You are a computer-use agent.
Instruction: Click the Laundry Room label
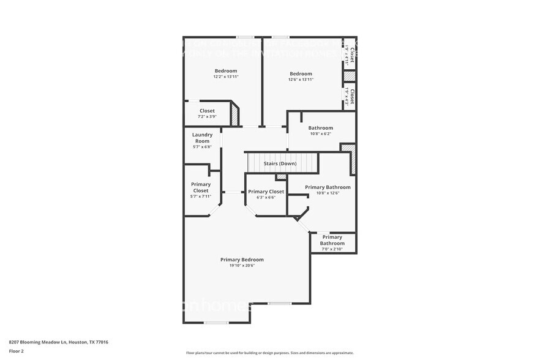pos(202,138)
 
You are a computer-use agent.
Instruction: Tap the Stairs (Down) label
pos(280,164)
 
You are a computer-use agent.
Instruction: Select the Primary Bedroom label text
pos(242,260)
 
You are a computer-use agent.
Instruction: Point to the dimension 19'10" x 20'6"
pos(242,266)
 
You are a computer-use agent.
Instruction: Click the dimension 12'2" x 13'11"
pos(225,78)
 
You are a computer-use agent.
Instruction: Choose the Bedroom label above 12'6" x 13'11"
pos(301,73)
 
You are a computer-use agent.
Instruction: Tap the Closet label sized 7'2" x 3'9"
pos(206,111)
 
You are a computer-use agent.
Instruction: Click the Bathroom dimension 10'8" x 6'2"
pos(321,134)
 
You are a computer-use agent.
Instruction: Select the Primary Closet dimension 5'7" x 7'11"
pos(201,197)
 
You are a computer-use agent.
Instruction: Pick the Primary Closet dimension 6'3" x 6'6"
pos(266,198)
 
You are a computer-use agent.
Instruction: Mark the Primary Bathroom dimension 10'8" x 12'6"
pos(328,193)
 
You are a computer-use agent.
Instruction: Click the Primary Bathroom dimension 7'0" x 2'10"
pos(332,249)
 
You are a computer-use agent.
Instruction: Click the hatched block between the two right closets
pos(349,76)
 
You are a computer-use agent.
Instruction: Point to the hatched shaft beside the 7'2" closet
pos(234,114)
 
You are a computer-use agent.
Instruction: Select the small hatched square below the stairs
pos(281,178)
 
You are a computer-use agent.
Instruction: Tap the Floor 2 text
pos(16,351)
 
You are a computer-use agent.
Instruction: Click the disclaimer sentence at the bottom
pos(269,353)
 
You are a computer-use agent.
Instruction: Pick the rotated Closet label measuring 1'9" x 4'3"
pos(350,97)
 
